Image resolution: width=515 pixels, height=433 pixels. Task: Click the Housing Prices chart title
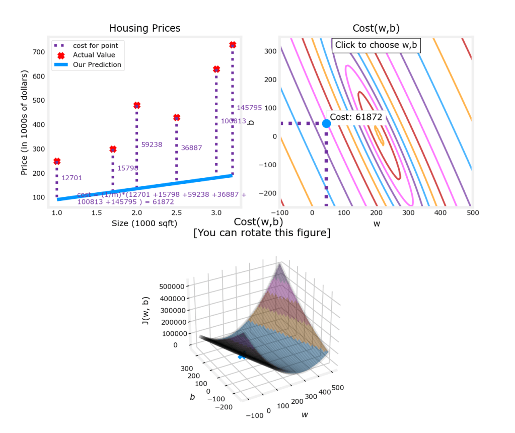point(144,28)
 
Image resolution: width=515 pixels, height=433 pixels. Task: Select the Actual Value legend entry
point(94,55)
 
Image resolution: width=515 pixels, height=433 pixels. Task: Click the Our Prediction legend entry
point(97,64)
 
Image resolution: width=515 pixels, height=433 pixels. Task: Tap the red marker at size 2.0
point(137,105)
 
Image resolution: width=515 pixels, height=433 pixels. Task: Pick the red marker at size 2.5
point(177,117)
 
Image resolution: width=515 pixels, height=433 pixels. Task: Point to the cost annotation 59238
point(152,145)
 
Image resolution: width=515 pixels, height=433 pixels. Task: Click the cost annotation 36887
point(191,148)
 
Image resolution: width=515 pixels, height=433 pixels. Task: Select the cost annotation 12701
point(71,178)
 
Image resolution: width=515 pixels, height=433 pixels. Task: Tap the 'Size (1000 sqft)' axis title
point(144,223)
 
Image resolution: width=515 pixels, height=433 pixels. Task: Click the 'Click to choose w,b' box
point(376,45)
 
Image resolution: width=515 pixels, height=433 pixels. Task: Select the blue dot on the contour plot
point(326,123)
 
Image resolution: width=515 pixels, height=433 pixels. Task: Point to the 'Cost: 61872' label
point(356,117)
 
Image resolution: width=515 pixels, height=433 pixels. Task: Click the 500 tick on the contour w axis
point(472,213)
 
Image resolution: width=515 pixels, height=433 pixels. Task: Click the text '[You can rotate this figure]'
point(262,233)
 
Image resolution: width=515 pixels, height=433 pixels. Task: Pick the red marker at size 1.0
point(57,161)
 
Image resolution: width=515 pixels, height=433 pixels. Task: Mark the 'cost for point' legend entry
point(95,46)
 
